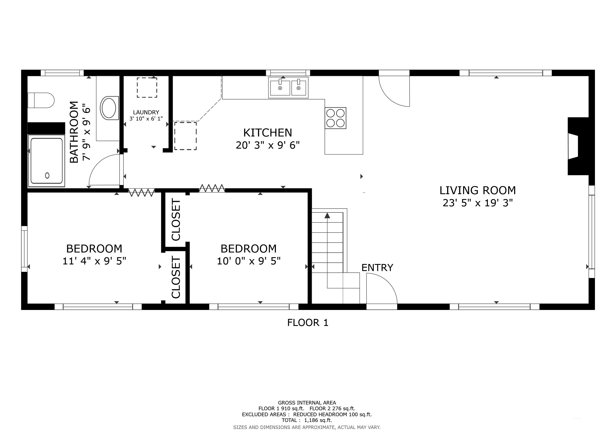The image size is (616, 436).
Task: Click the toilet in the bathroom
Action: click(x=41, y=100)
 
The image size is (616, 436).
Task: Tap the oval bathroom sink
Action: click(x=109, y=108)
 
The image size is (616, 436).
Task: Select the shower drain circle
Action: click(x=47, y=176)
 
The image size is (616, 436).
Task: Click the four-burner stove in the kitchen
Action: click(x=335, y=118)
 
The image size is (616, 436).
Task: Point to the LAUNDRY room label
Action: click(x=146, y=112)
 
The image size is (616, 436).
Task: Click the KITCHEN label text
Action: click(x=268, y=133)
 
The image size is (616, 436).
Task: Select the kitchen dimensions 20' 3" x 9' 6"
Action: click(x=268, y=145)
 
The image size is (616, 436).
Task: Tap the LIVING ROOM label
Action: click(x=478, y=190)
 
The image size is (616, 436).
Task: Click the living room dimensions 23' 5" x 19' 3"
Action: click(x=478, y=203)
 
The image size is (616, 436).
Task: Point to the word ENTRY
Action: click(x=377, y=268)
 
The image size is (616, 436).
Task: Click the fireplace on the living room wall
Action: click(x=578, y=146)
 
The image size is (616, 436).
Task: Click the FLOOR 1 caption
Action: click(x=308, y=323)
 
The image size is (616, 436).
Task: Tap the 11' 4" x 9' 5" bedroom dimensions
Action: click(x=94, y=261)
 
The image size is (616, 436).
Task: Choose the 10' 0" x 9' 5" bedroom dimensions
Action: click(x=248, y=261)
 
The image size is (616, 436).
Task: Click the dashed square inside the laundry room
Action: click(x=147, y=87)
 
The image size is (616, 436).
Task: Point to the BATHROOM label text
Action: click(x=74, y=132)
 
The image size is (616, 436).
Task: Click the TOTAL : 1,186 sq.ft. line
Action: click(x=307, y=420)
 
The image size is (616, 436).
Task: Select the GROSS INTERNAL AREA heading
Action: click(x=307, y=403)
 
